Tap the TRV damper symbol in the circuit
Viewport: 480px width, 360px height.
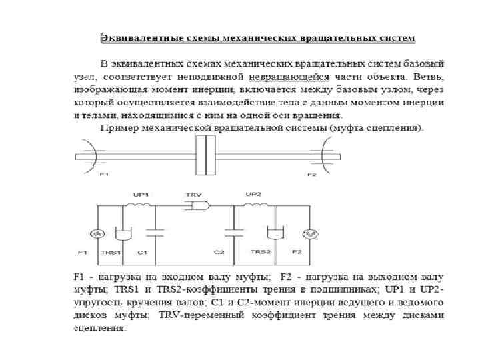196,207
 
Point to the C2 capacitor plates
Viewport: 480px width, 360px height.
234,233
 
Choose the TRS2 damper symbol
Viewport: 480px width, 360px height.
274,234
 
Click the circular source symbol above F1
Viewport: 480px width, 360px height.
97,233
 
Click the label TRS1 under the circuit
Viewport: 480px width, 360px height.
112,253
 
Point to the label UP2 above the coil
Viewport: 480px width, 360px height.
253,194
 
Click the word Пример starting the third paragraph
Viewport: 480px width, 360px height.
116,127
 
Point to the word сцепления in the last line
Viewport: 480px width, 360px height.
98,327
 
